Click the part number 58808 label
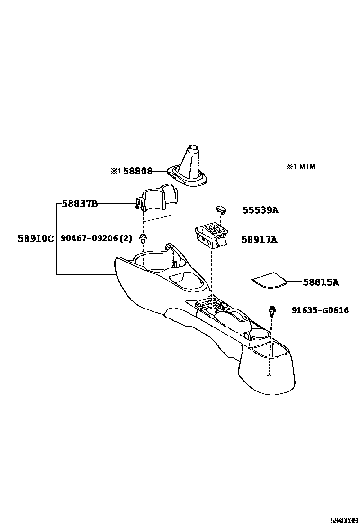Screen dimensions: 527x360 [138, 171]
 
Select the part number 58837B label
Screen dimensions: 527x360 [80, 204]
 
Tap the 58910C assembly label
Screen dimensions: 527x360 [36, 238]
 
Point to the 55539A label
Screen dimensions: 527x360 [261, 210]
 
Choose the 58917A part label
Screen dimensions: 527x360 [259, 240]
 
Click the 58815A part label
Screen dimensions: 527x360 [321, 282]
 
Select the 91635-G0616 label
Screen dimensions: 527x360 [320, 310]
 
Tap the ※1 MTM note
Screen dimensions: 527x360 [300, 166]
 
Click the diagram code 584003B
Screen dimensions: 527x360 [343, 520]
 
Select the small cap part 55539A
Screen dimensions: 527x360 [221, 209]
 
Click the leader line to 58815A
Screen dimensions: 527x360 [295, 282]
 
